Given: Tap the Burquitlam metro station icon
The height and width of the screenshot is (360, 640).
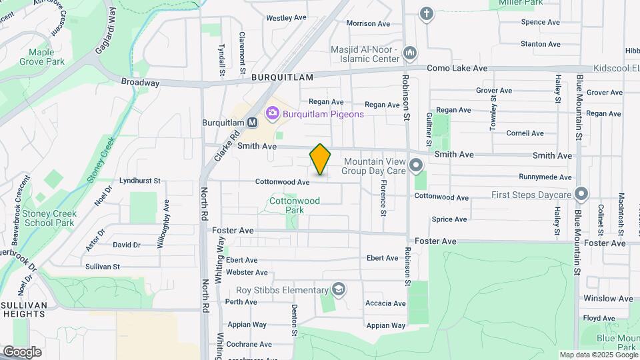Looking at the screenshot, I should (252, 123).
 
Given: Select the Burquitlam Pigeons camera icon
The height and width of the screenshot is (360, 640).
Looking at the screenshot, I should (272, 114).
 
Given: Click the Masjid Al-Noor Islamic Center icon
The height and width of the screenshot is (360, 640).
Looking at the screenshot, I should (411, 51).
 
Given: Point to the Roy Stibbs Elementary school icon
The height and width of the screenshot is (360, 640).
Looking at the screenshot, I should (339, 289).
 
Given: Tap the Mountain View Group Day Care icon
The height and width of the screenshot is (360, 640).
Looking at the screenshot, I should (417, 165).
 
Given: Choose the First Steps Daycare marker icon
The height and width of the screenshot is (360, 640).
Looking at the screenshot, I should (581, 195).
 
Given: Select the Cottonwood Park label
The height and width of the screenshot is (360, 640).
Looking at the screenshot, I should (295, 205).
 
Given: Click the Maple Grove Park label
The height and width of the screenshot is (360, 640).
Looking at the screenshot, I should (46, 57).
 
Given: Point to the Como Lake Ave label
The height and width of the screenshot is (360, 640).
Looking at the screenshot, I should (467, 69).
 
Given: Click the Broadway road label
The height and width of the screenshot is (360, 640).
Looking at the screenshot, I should (140, 83).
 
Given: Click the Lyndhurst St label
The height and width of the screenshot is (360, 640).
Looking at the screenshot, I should (140, 181).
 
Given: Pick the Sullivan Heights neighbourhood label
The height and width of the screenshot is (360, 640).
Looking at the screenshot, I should (24, 309).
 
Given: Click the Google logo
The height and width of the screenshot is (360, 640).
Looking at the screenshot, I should (23, 351).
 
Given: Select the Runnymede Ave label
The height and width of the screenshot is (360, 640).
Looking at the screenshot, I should (546, 177).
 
